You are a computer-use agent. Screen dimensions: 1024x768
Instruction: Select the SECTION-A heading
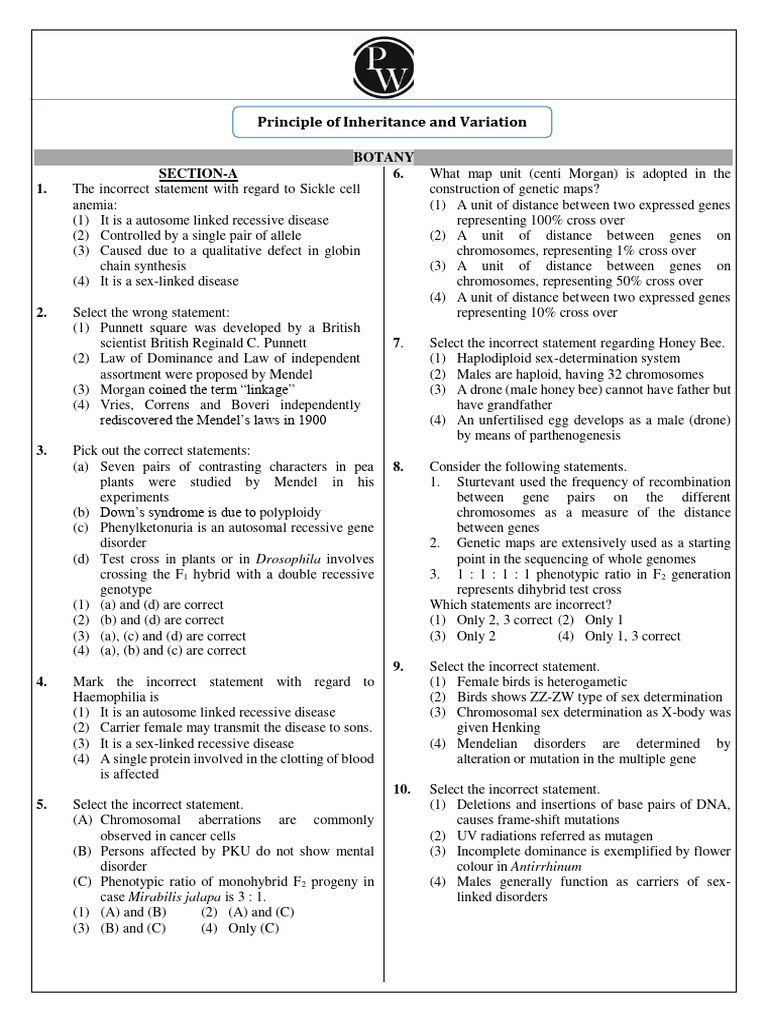click(x=199, y=174)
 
